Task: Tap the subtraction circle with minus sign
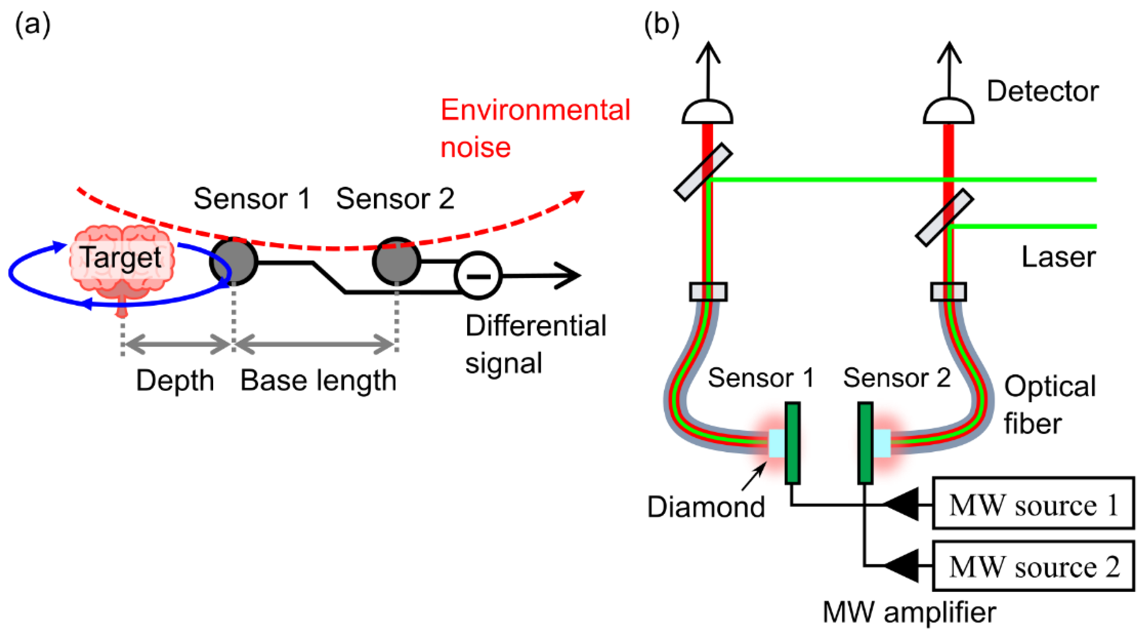[x=478, y=276]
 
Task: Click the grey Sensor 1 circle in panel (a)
[x=233, y=261]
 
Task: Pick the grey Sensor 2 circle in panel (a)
[x=397, y=261]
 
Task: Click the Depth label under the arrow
[x=175, y=381]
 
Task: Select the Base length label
[x=318, y=381]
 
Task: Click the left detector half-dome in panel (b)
[x=707, y=112]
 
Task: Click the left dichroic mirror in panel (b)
[x=703, y=172]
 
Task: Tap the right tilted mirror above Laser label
[x=945, y=218]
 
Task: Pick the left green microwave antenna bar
[x=792, y=443]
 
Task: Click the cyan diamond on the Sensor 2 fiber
[x=881, y=443]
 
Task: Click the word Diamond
[x=705, y=507]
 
